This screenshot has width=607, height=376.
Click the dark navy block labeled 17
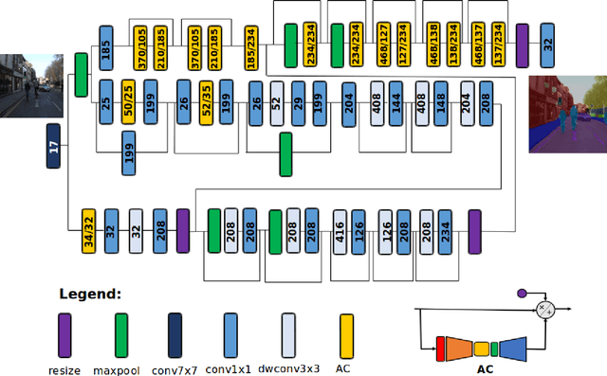[x=54, y=147]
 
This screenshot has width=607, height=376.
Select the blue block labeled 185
[x=105, y=50]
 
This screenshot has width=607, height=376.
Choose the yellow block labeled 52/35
[x=204, y=102]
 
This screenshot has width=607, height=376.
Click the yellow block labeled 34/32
[x=88, y=230]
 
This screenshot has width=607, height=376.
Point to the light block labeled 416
[x=340, y=231]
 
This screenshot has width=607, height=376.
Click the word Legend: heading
[x=90, y=295]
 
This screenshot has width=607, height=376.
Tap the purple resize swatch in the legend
[x=64, y=335]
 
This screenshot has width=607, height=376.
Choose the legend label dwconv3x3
[x=287, y=369]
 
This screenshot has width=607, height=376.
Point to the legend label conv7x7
[x=172, y=369]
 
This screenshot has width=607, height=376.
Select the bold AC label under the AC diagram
[x=485, y=369]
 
